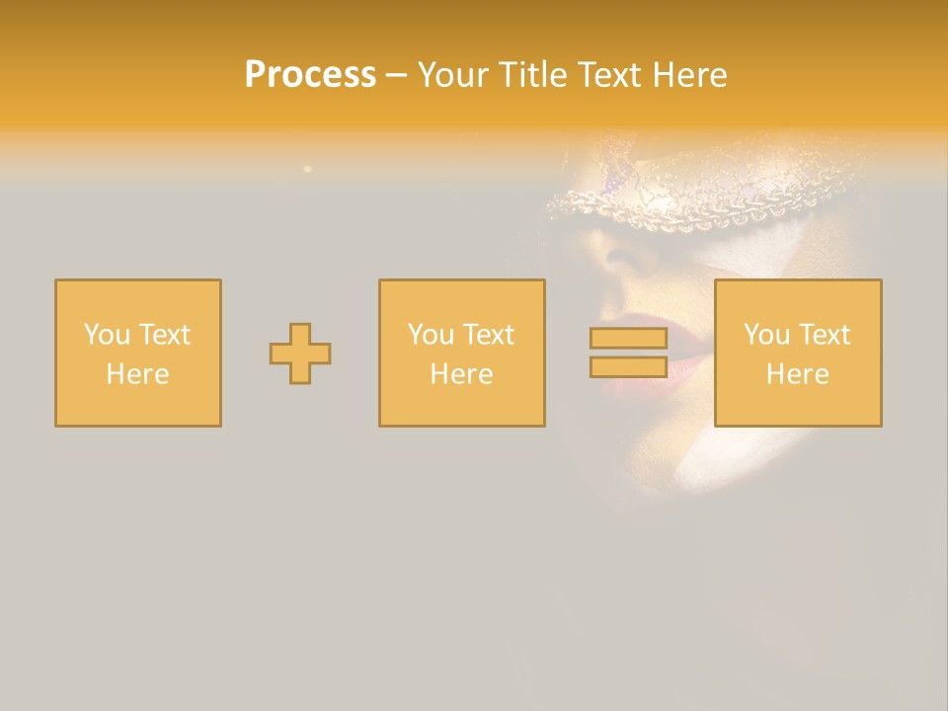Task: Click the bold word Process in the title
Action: (310, 75)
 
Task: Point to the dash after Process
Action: (396, 76)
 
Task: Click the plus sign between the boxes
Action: (300, 354)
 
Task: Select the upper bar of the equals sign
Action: (628, 338)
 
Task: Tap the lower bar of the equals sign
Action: (628, 367)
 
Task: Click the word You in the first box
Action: (105, 335)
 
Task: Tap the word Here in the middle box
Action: (462, 374)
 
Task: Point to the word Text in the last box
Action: (825, 335)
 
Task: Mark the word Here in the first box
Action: (138, 374)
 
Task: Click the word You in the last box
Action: (765, 335)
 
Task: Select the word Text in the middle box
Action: (489, 335)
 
